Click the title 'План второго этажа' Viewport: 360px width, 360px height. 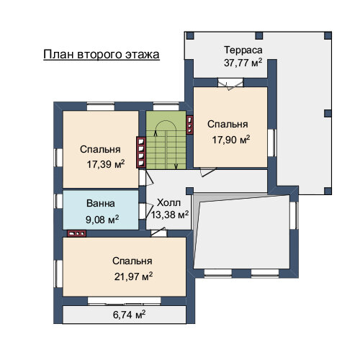pyautogui.click(x=102, y=55)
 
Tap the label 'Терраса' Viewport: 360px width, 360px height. pyautogui.click(x=243, y=50)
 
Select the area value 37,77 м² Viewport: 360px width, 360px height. pyautogui.click(x=243, y=63)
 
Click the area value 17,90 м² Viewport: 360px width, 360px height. pyautogui.click(x=231, y=140)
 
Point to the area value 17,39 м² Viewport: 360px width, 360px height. pyautogui.click(x=106, y=164)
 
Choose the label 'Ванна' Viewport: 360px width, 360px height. pyautogui.click(x=101, y=203)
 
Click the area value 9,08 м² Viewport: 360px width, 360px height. pyautogui.click(x=102, y=220)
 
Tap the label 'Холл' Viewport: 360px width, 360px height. pyautogui.click(x=168, y=203)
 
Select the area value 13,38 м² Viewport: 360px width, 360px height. pyautogui.click(x=170, y=215)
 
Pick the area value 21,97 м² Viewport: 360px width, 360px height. pyautogui.click(x=133, y=276)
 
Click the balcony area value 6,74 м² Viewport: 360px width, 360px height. pyautogui.click(x=129, y=315)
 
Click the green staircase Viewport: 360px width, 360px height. pyautogui.click(x=166, y=140)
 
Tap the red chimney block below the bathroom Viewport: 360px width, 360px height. pyautogui.click(x=76, y=233)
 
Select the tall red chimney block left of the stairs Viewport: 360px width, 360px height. pyautogui.click(x=141, y=153)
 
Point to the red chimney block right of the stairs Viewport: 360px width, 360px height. pyautogui.click(x=189, y=125)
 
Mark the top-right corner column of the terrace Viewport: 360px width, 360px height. pyautogui.click(x=328, y=35)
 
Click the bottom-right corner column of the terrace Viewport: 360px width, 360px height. pyautogui.click(x=328, y=191)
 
